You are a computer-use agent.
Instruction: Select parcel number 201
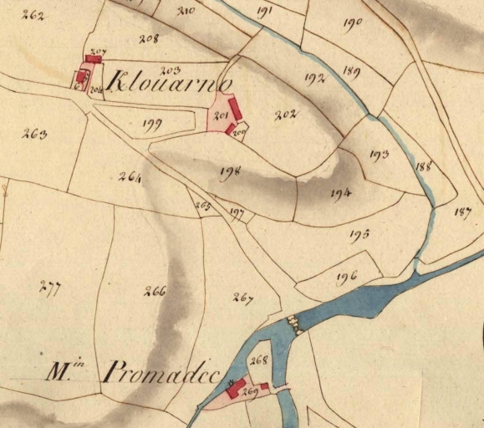222,116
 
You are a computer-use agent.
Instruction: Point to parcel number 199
151,126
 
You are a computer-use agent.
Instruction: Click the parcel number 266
155,292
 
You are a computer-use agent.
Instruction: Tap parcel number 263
34,133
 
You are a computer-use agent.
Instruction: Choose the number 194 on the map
340,192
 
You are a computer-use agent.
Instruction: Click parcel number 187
462,211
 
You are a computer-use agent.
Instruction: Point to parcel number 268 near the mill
257,360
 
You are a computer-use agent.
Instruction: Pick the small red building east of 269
264,386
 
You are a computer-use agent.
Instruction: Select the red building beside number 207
94,59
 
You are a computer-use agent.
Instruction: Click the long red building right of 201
235,109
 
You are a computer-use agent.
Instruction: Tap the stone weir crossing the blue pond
293,322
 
